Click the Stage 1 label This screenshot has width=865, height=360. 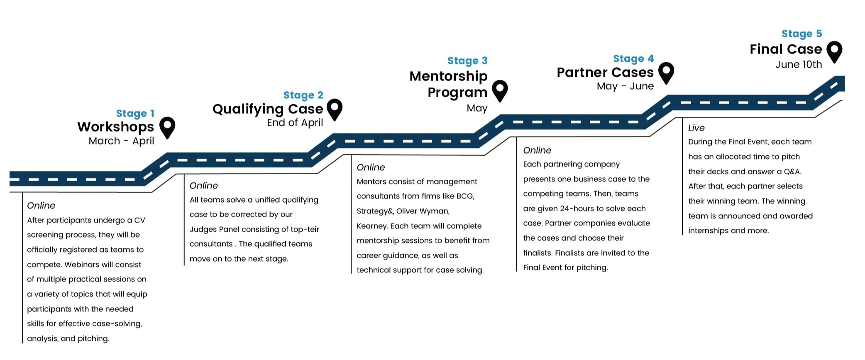135,113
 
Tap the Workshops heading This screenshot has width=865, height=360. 115,127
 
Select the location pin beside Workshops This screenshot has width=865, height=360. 167,127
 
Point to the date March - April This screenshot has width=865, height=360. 121,141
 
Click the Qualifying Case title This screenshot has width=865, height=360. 268,109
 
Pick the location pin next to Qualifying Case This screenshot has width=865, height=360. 335,110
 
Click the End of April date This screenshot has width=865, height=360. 295,122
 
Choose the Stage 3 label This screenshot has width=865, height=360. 467,61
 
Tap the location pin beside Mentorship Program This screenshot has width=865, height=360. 500,91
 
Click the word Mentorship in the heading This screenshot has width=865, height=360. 448,76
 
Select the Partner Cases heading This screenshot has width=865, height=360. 605,72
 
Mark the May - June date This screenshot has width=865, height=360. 625,86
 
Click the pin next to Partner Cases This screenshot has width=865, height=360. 666,73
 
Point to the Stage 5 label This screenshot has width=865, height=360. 801,34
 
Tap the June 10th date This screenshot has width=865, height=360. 799,64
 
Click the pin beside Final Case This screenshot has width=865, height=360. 834,52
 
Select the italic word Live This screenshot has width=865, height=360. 696,128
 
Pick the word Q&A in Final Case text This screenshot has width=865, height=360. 793,171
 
